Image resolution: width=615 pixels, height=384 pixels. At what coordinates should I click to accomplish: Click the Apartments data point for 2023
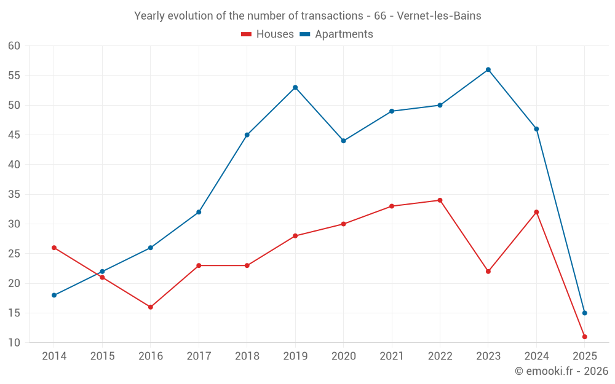[x=488, y=69]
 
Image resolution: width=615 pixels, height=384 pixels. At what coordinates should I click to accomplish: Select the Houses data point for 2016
[x=151, y=307]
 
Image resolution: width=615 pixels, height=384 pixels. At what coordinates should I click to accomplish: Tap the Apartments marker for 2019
[x=295, y=87]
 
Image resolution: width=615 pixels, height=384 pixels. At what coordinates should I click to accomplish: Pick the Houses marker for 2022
[x=440, y=200]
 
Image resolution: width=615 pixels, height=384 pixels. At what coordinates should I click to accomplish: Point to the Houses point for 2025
[x=585, y=337]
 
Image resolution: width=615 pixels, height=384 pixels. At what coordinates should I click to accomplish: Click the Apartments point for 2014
[x=54, y=296]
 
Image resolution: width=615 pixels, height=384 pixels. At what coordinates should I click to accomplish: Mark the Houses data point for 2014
[x=54, y=248]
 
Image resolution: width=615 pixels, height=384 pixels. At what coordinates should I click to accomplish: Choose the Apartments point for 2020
[x=343, y=141]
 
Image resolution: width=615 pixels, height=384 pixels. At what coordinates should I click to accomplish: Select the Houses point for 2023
[x=488, y=272]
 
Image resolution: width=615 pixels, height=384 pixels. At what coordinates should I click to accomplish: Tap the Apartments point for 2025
[x=585, y=313]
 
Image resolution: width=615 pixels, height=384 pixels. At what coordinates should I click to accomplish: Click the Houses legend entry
[x=268, y=34]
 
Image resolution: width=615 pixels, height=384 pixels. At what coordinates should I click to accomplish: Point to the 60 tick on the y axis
[x=14, y=46]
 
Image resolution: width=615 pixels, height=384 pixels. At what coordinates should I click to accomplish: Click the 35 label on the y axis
[x=14, y=195]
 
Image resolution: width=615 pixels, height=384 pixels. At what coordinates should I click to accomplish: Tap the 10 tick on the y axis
[x=14, y=343]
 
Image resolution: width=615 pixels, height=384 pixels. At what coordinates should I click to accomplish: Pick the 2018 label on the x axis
[x=247, y=356]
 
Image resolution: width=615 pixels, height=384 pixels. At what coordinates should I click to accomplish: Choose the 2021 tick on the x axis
[x=392, y=356]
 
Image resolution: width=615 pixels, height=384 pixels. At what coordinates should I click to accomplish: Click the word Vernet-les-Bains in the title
[x=439, y=16]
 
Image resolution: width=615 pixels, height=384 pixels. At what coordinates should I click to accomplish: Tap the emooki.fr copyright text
[x=561, y=371]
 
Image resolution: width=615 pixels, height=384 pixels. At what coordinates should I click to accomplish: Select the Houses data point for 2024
[x=536, y=212]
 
